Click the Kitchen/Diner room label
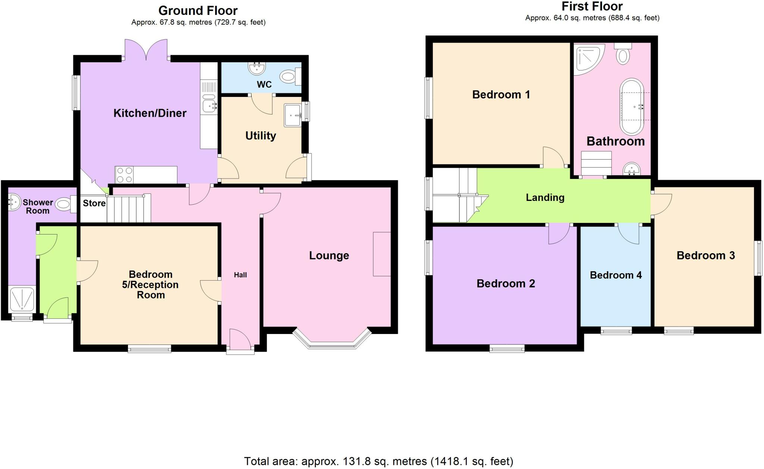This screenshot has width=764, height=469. pos(150,113)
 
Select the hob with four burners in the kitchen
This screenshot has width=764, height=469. pos(125,175)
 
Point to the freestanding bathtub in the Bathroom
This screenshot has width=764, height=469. pos(632,107)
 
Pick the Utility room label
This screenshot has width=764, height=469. pos(260,135)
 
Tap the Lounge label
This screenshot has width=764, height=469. pos(329,255)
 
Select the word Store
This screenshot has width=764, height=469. pos(94,203)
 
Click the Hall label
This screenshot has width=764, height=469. pos(240,275)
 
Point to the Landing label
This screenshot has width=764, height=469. pos(545,198)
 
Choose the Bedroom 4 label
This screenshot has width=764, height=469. pos(616,275)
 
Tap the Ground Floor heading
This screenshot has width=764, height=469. pos(198,10)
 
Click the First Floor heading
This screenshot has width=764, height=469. pos(592,6)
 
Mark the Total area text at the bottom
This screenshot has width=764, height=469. pos(379,462)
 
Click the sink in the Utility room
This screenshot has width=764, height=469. pos(293,115)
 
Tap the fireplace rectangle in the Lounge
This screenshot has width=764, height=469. pos(382,254)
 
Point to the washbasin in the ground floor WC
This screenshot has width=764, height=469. pos(256,68)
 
